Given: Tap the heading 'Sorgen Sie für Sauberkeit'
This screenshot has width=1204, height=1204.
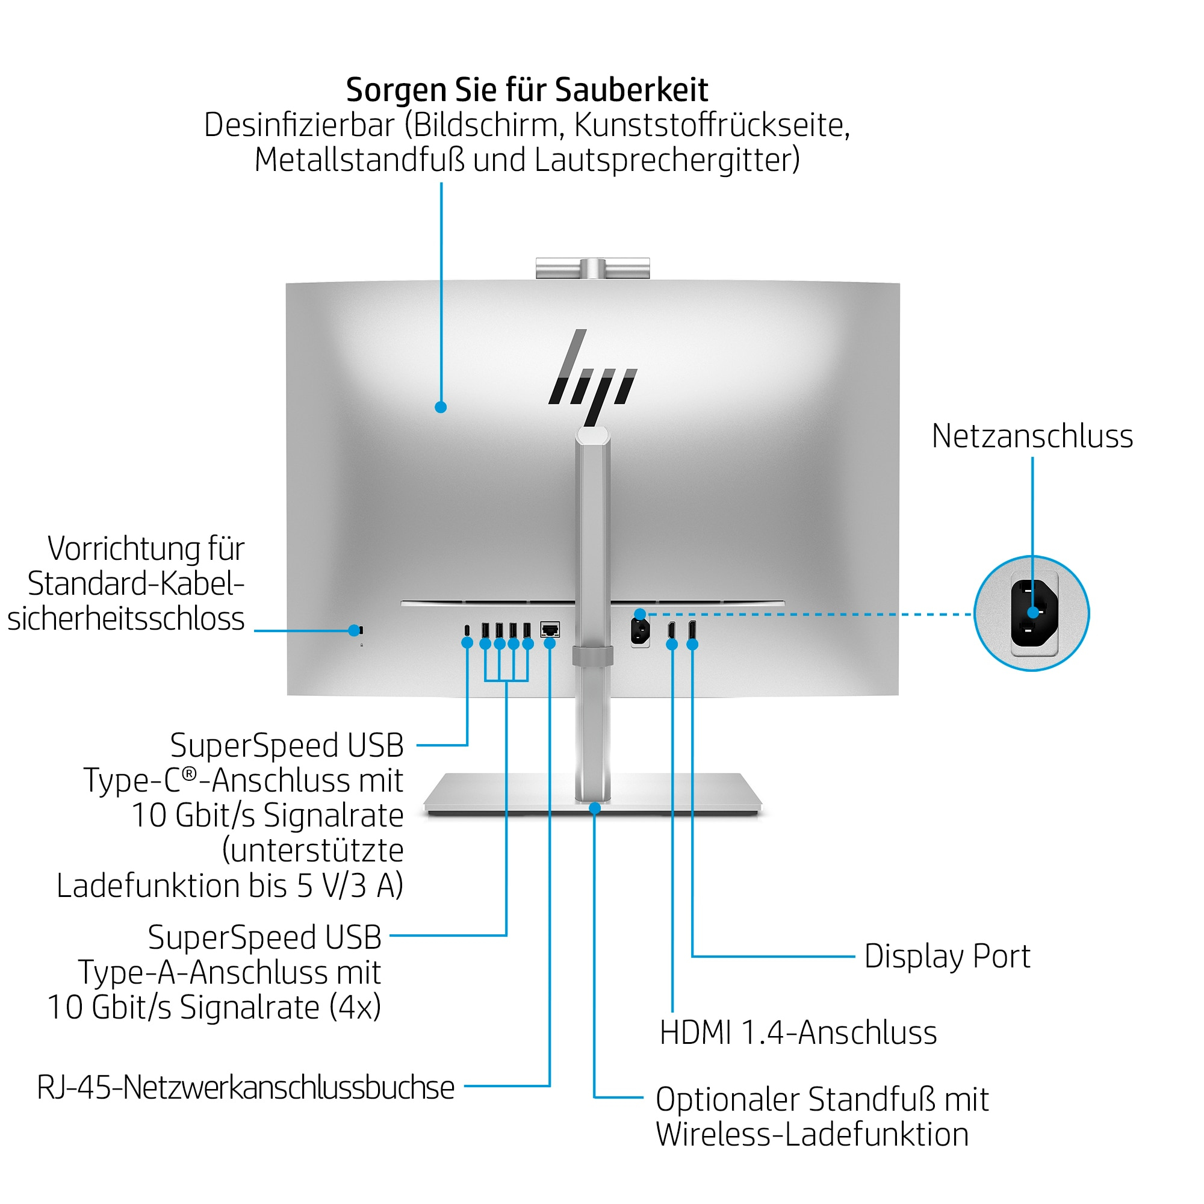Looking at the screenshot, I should (527, 90).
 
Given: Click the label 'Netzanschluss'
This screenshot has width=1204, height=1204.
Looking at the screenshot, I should (1031, 436).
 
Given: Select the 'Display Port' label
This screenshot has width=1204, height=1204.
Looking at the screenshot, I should (946, 956).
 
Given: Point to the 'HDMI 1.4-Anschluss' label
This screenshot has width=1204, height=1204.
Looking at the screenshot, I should (798, 1032).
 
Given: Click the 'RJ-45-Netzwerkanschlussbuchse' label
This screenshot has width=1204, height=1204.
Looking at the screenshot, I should (246, 1087).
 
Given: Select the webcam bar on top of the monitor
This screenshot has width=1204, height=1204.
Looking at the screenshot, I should (592, 268).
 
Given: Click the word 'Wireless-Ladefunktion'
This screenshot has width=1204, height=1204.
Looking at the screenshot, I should (812, 1134).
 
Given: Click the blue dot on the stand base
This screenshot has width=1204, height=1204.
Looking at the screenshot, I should (595, 808).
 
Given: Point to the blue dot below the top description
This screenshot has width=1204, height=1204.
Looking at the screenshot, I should (441, 407).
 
